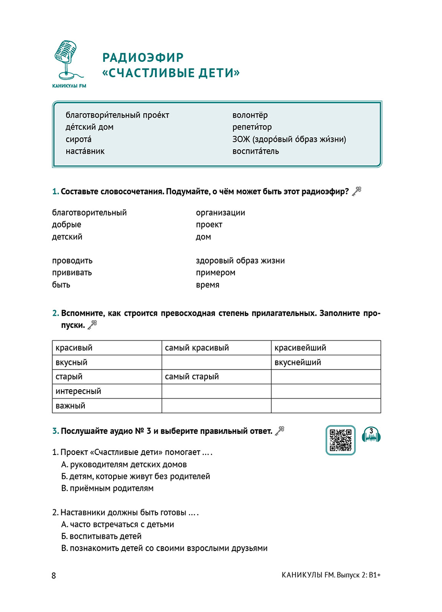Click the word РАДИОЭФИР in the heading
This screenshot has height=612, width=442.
pyautogui.click(x=143, y=58)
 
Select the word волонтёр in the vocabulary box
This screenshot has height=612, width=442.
pyautogui.click(x=250, y=115)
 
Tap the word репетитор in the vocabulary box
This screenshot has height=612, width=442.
pyautogui.click(x=252, y=127)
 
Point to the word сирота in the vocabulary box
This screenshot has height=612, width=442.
pyautogui.click(x=78, y=139)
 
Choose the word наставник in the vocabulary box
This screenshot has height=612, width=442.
pyautogui.click(x=85, y=151)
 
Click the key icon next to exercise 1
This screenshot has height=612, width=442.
pyautogui.click(x=356, y=192)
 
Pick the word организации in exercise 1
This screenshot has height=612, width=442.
pyautogui.click(x=220, y=213)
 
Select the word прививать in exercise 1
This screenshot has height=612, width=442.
pyautogui.click(x=72, y=273)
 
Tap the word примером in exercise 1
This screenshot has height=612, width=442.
pyautogui.click(x=215, y=273)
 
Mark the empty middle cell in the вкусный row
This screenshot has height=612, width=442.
pyautogui.click(x=216, y=362)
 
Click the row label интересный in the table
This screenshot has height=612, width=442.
pyautogui.click(x=78, y=391)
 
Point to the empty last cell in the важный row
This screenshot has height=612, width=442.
pyautogui.click(x=326, y=406)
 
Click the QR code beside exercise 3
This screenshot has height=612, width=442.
pyautogui.click(x=340, y=440)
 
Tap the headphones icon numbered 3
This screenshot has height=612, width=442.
pyautogui.click(x=371, y=434)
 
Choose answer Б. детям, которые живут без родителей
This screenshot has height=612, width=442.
pyautogui.click(x=136, y=477)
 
